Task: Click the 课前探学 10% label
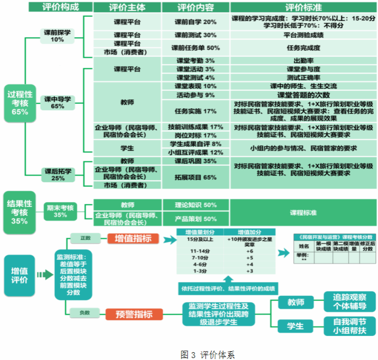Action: point(57,36)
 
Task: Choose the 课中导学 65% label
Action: point(57,102)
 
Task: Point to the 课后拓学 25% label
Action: point(58,174)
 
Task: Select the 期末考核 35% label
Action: point(60,211)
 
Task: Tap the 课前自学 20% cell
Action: point(195,22)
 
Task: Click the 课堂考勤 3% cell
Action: point(195,61)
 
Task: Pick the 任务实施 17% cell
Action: point(195,111)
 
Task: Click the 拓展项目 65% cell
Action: point(195,177)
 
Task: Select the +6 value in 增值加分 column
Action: point(249,250)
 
